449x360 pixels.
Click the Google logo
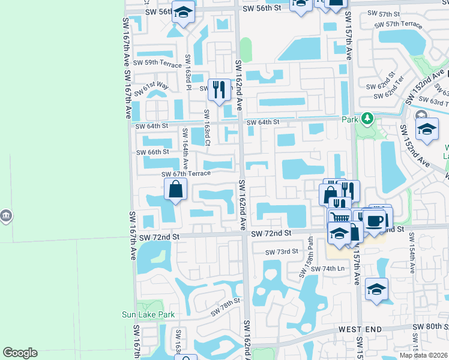[x=20, y=353]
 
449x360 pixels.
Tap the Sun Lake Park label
[x=148, y=314]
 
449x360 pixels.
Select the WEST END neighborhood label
[x=360, y=329]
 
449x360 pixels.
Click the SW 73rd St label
[x=283, y=251]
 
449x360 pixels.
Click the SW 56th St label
[x=262, y=8]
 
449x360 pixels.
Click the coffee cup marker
[x=375, y=220]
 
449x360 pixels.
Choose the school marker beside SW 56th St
[x=183, y=11]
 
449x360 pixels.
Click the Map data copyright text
[x=424, y=355]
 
